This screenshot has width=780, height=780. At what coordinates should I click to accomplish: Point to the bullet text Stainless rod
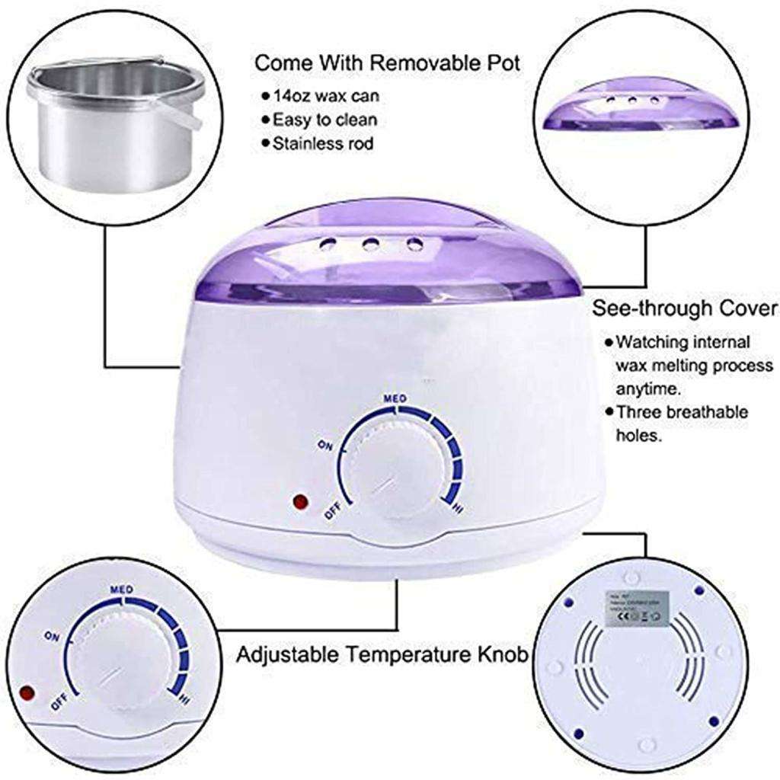tap(324, 143)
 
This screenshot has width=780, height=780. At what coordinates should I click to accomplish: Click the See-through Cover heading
tap(686, 308)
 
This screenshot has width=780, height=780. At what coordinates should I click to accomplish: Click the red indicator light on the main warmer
tap(299, 503)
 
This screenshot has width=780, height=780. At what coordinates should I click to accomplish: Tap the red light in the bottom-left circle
tap(28, 694)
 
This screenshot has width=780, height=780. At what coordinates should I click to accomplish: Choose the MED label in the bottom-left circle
tap(123, 589)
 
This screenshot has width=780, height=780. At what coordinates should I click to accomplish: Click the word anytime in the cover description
tap(647, 389)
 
